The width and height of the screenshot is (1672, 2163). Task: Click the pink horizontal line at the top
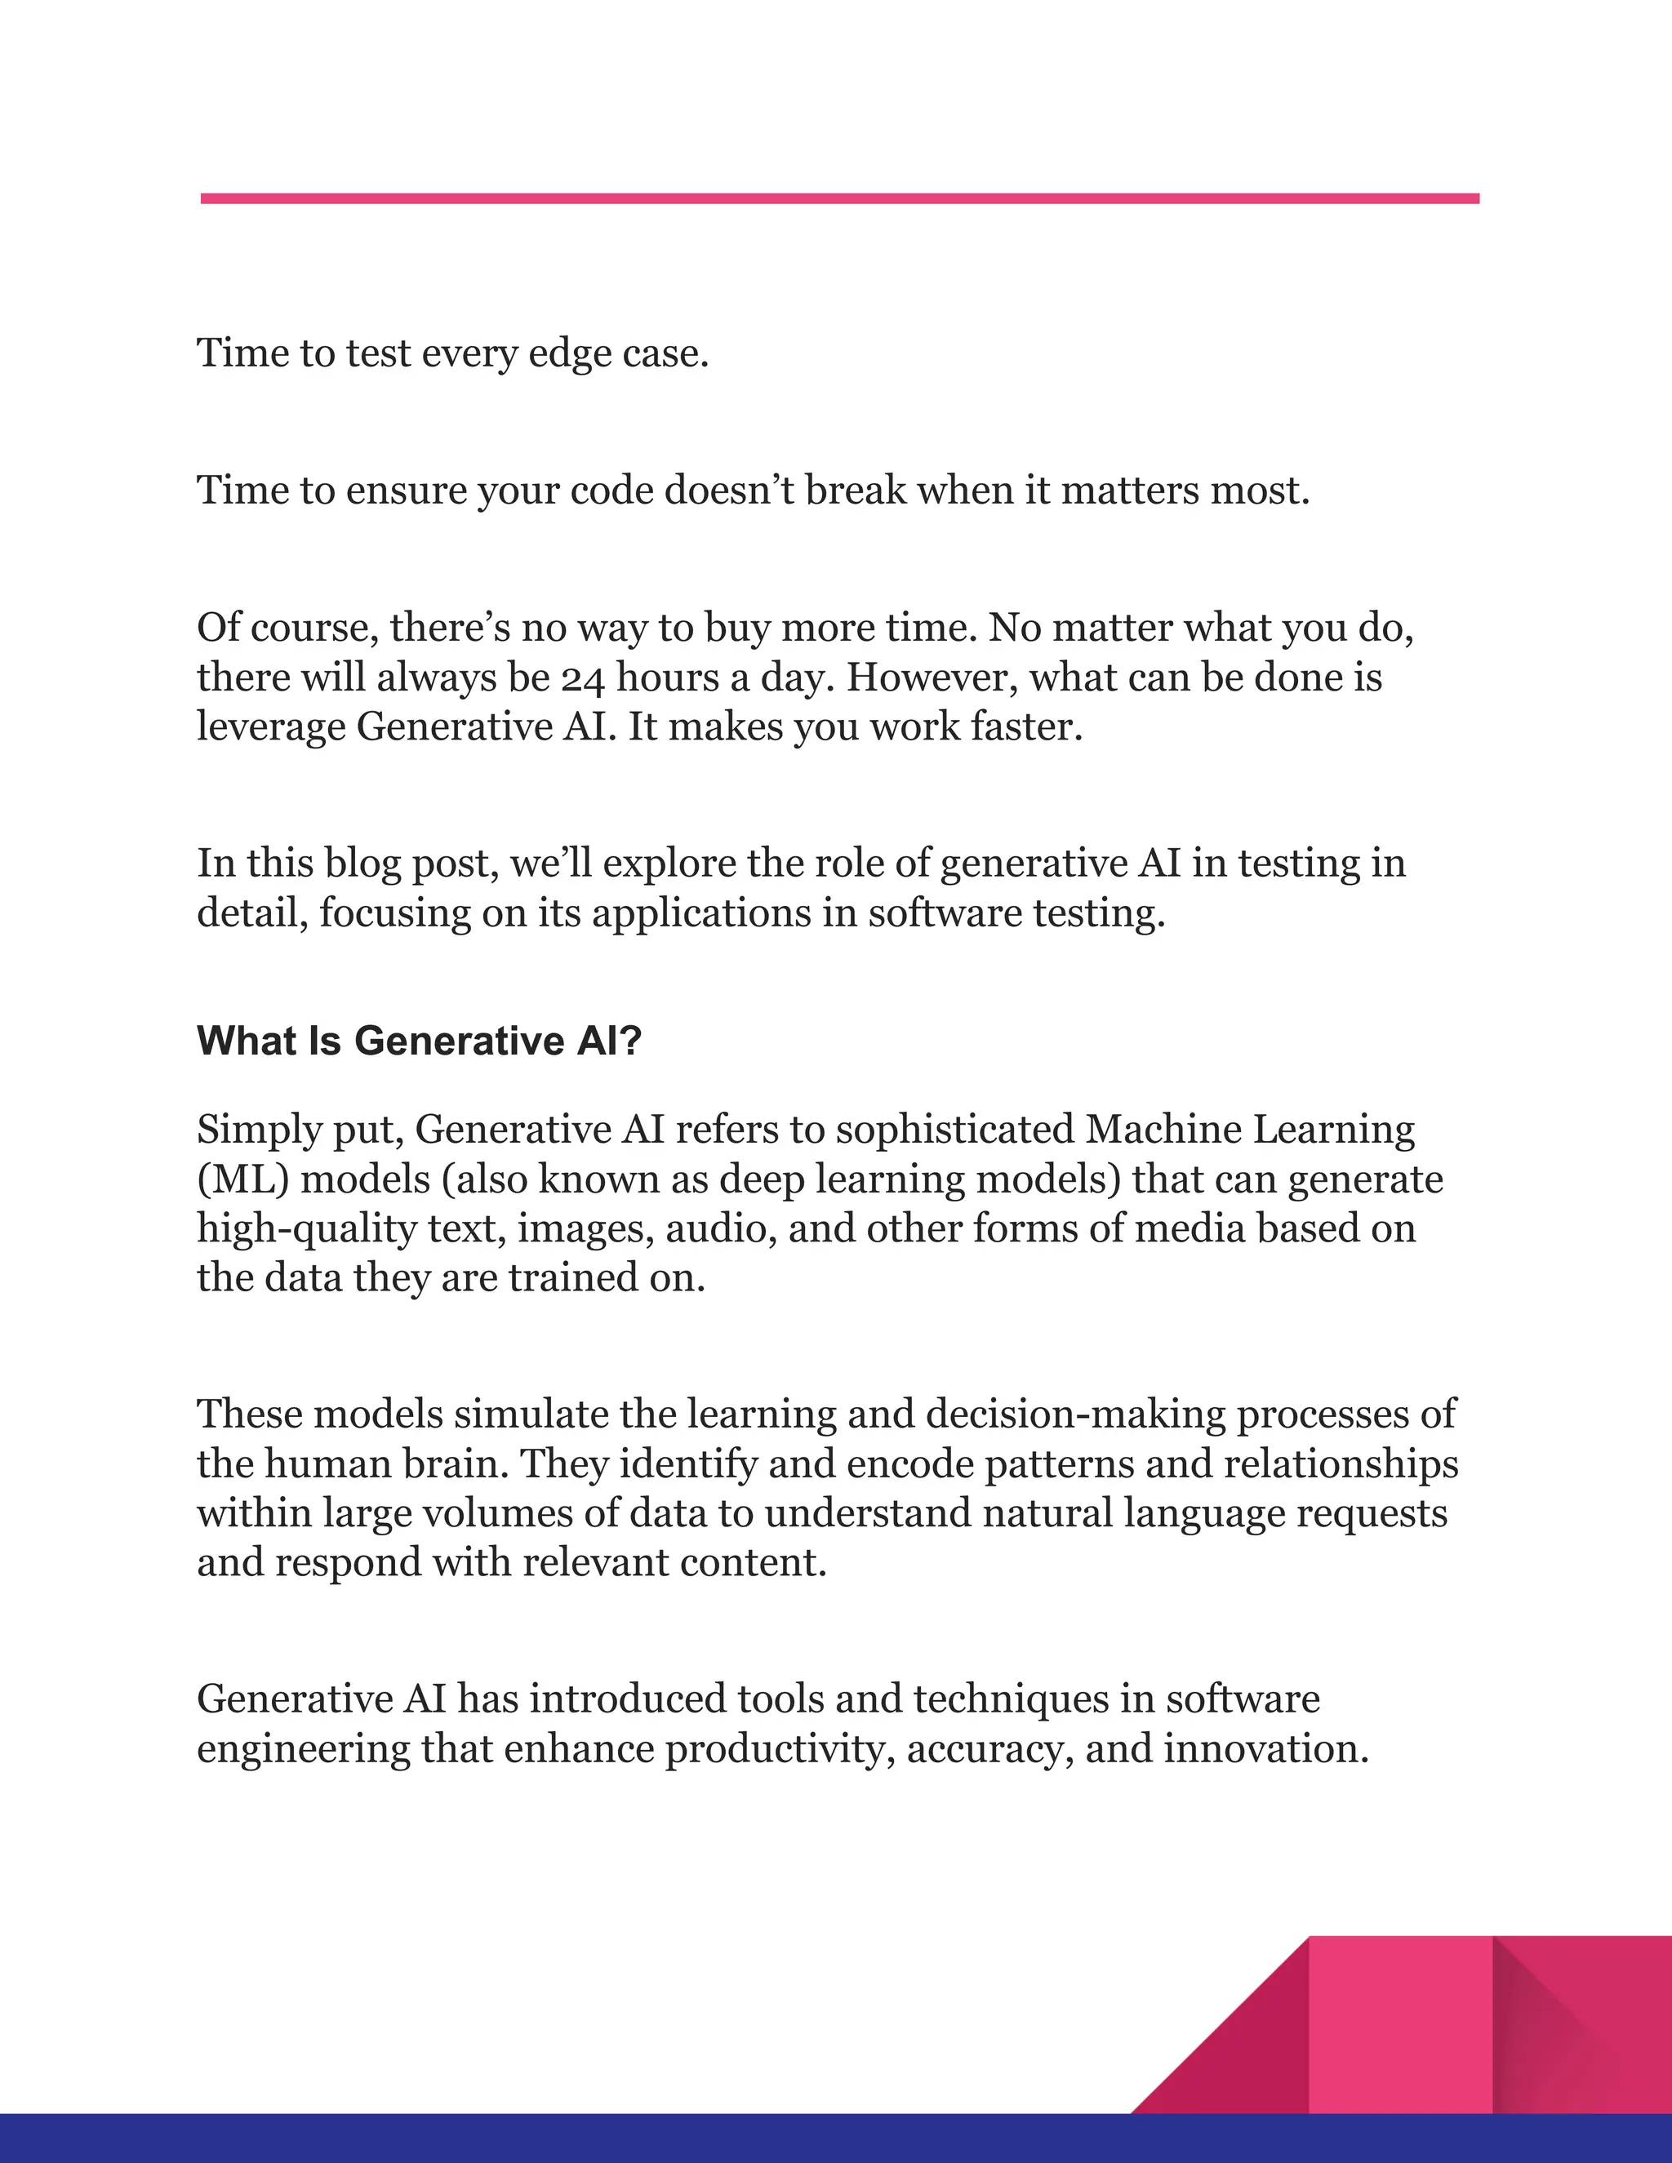pos(839,199)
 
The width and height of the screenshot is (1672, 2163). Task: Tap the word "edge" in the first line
pos(570,353)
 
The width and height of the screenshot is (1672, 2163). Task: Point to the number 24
pos(584,678)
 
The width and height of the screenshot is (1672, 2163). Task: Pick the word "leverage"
pos(270,728)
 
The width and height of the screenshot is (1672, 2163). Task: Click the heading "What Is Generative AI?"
pos(420,1041)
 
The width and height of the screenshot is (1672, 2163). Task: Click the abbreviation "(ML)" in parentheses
pos(242,1179)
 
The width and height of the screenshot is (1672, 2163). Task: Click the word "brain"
pos(455,1463)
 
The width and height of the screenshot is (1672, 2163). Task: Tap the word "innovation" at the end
pos(1265,1749)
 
